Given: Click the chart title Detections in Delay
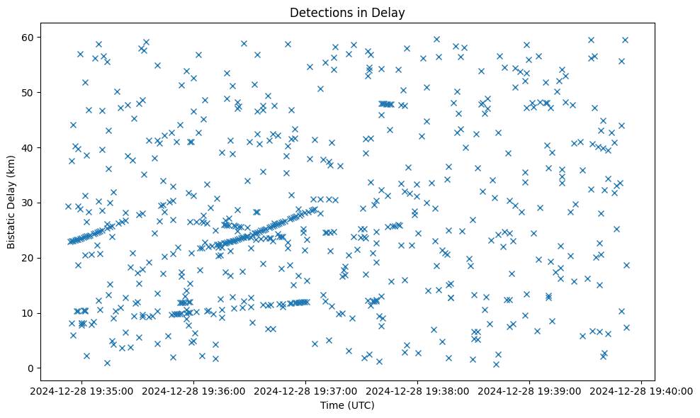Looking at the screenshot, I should point(347,13).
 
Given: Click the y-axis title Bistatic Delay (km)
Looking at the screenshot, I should point(11,201).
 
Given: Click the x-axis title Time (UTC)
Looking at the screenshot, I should point(347,406).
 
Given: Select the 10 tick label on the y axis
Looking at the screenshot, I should point(38,313).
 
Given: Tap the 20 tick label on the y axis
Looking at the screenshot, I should point(38,258).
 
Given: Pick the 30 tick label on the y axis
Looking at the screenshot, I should point(38,203).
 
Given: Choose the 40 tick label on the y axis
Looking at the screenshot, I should point(38,147).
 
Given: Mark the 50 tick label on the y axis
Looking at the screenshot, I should point(38,92).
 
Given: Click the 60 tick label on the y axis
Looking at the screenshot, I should point(38,37).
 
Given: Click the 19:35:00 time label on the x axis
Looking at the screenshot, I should point(82,390).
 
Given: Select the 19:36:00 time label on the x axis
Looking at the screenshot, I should point(194,390).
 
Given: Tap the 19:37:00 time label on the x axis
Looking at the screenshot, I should point(306,390).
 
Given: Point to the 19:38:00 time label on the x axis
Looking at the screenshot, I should point(418,390).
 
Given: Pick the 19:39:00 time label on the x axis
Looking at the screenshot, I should point(530,390).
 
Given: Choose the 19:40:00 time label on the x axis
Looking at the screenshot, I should point(642,390).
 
